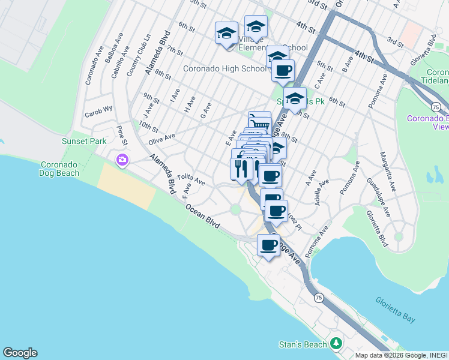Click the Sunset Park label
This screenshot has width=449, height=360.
(83, 141)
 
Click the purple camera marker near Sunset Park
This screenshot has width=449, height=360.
(122, 160)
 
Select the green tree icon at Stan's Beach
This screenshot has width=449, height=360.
(336, 344)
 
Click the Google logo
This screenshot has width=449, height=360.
(20, 353)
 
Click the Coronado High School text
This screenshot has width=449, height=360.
(224, 68)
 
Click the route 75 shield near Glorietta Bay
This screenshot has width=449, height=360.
(319, 298)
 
